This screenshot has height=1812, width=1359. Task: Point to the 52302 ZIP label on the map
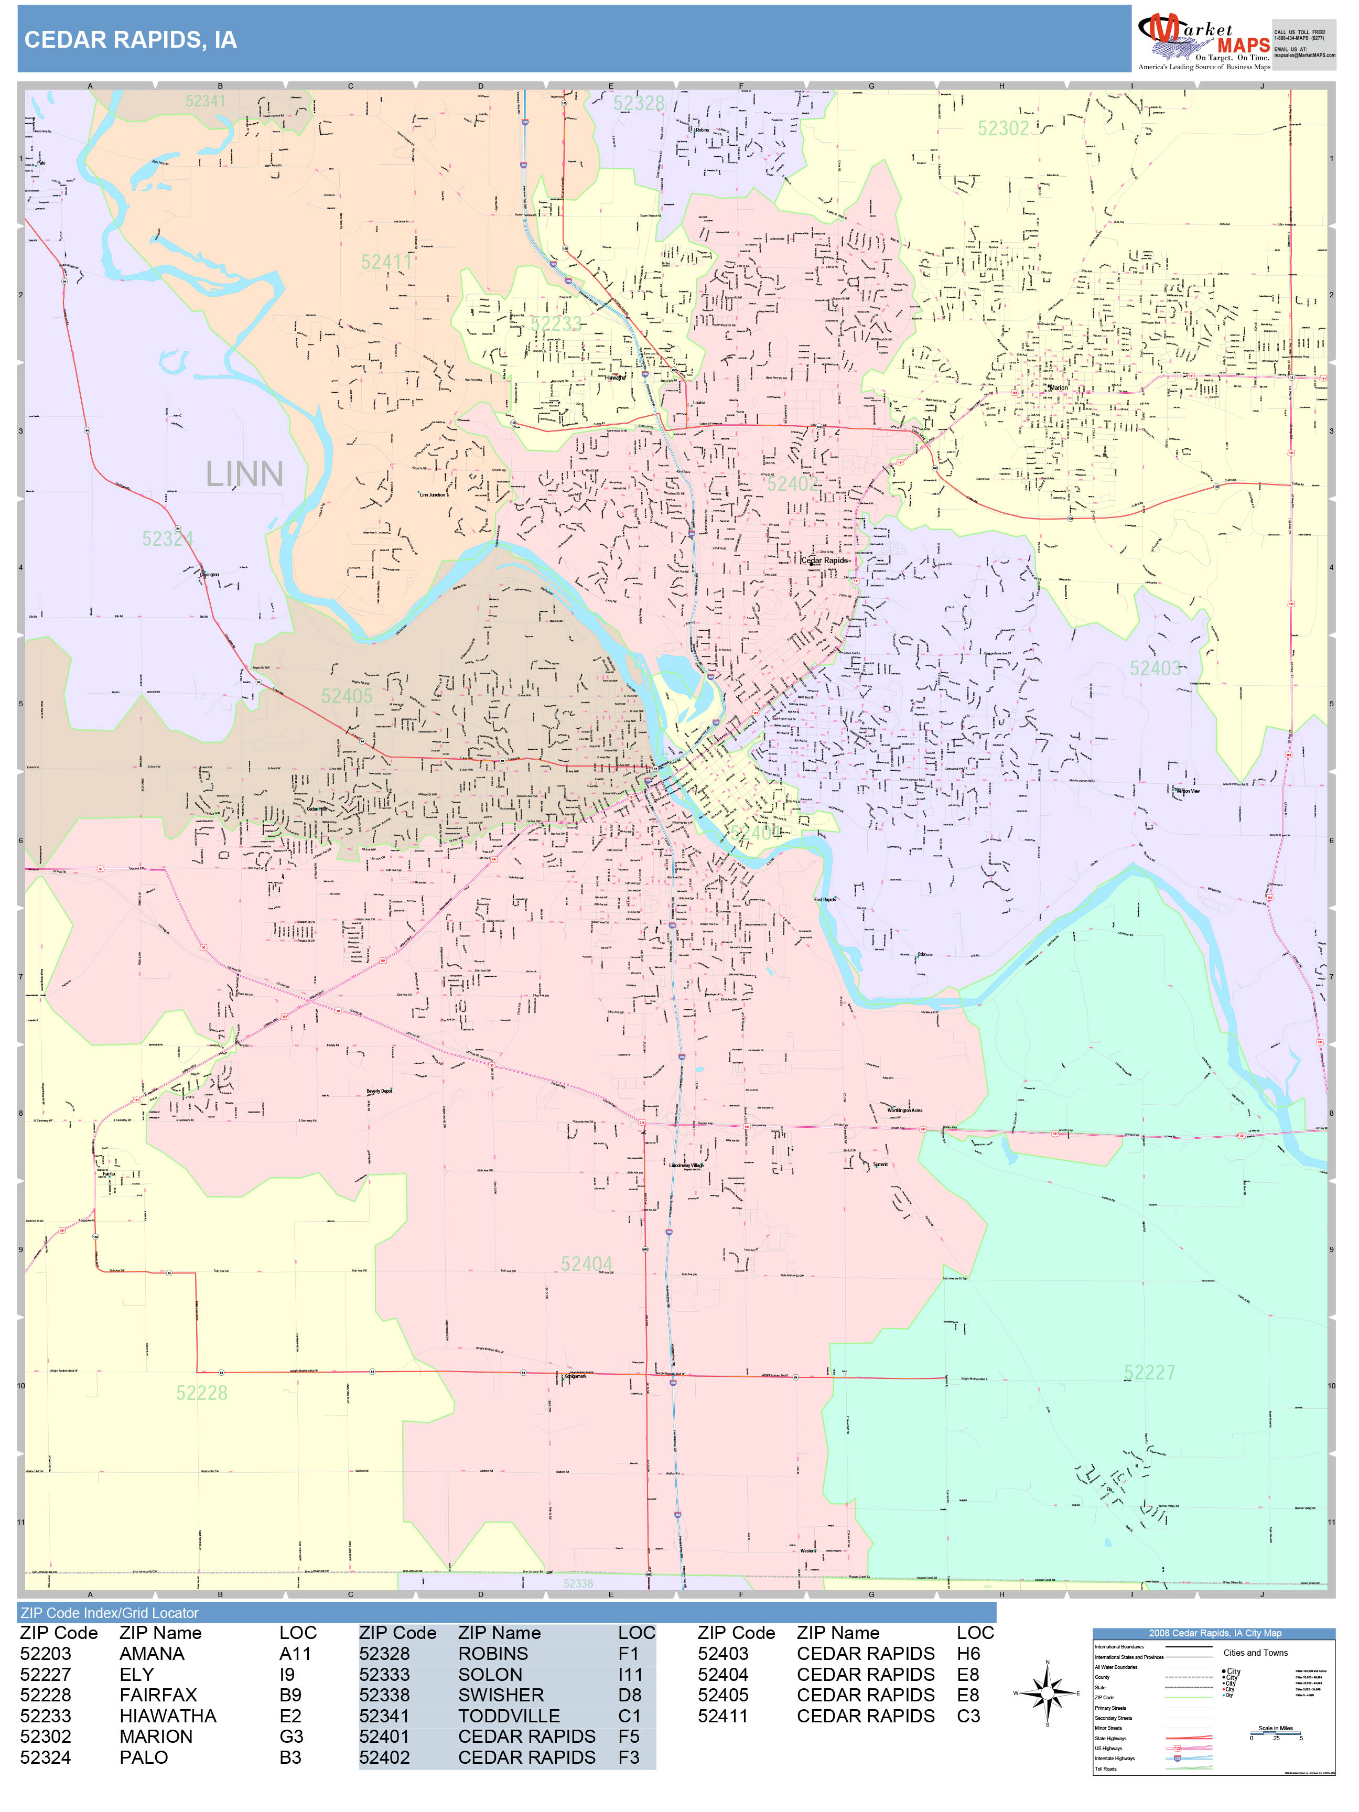point(1002,128)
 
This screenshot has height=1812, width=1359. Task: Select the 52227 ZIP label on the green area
point(1148,1372)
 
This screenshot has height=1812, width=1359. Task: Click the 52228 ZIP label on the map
point(201,1393)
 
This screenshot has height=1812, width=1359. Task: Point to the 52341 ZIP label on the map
point(205,101)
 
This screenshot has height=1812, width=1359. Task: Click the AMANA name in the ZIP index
point(152,1654)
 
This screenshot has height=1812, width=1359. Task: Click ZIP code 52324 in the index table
point(46,1757)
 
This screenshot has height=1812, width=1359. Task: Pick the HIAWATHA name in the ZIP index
point(168,1716)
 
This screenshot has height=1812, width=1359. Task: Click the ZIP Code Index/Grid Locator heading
point(109,1613)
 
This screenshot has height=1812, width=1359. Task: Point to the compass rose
point(1048,1692)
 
